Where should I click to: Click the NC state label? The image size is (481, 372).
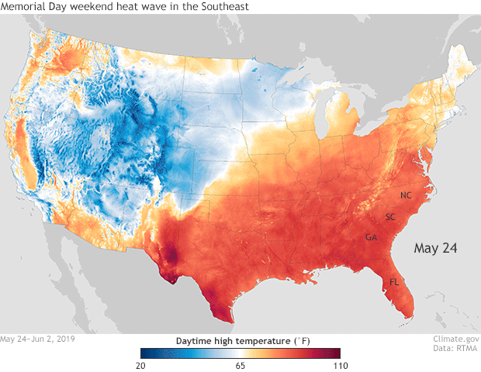(406, 195)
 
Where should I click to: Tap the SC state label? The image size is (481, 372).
(390, 216)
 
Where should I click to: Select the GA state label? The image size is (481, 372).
(372, 237)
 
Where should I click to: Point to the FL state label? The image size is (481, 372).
(394, 281)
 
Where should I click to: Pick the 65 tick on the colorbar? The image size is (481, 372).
(240, 365)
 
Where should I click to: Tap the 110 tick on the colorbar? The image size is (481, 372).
(339, 365)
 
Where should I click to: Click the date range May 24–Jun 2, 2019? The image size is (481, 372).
(38, 339)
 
